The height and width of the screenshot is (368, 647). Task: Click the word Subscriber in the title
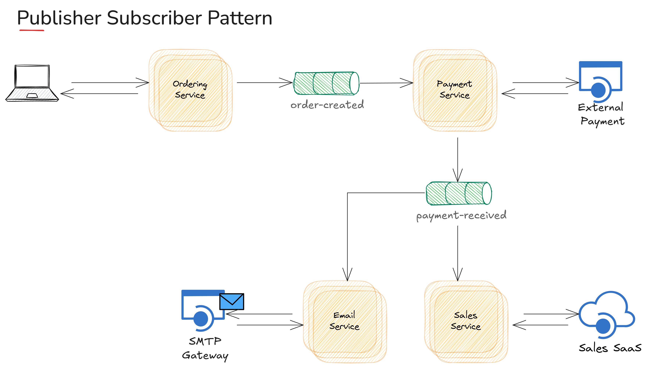tap(154, 18)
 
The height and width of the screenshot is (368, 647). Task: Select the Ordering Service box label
tap(190, 89)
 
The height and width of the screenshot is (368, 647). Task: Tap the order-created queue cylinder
tap(326, 83)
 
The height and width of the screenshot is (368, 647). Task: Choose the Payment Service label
tap(454, 89)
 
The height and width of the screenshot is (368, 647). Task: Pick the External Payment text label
tap(601, 114)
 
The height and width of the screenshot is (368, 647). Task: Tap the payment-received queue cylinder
tap(459, 193)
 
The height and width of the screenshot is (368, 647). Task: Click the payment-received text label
tap(461, 215)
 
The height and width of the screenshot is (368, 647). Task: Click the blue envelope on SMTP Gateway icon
tap(232, 301)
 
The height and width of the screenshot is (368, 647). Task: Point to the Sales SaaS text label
tap(610, 348)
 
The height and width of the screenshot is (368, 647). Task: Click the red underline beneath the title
tap(32, 30)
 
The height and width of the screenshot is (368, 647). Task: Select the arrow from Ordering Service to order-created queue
tap(264, 83)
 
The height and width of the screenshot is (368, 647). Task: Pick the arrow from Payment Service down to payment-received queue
tap(457, 159)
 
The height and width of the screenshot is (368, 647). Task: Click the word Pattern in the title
tap(240, 18)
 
